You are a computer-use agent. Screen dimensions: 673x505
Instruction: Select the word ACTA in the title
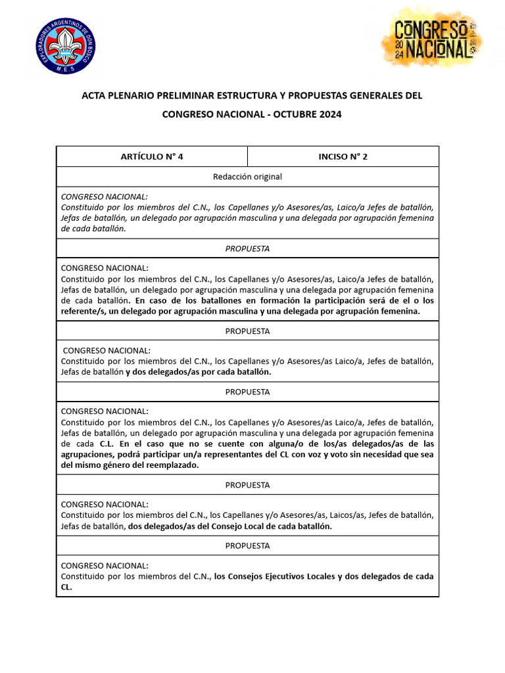click(x=94, y=96)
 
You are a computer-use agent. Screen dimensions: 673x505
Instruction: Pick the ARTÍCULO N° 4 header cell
click(x=152, y=156)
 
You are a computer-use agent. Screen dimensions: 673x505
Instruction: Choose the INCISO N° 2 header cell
click(x=343, y=156)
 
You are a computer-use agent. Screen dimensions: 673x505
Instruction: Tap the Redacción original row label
click(x=247, y=177)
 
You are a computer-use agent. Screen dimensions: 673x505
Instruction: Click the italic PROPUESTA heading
click(x=247, y=248)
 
